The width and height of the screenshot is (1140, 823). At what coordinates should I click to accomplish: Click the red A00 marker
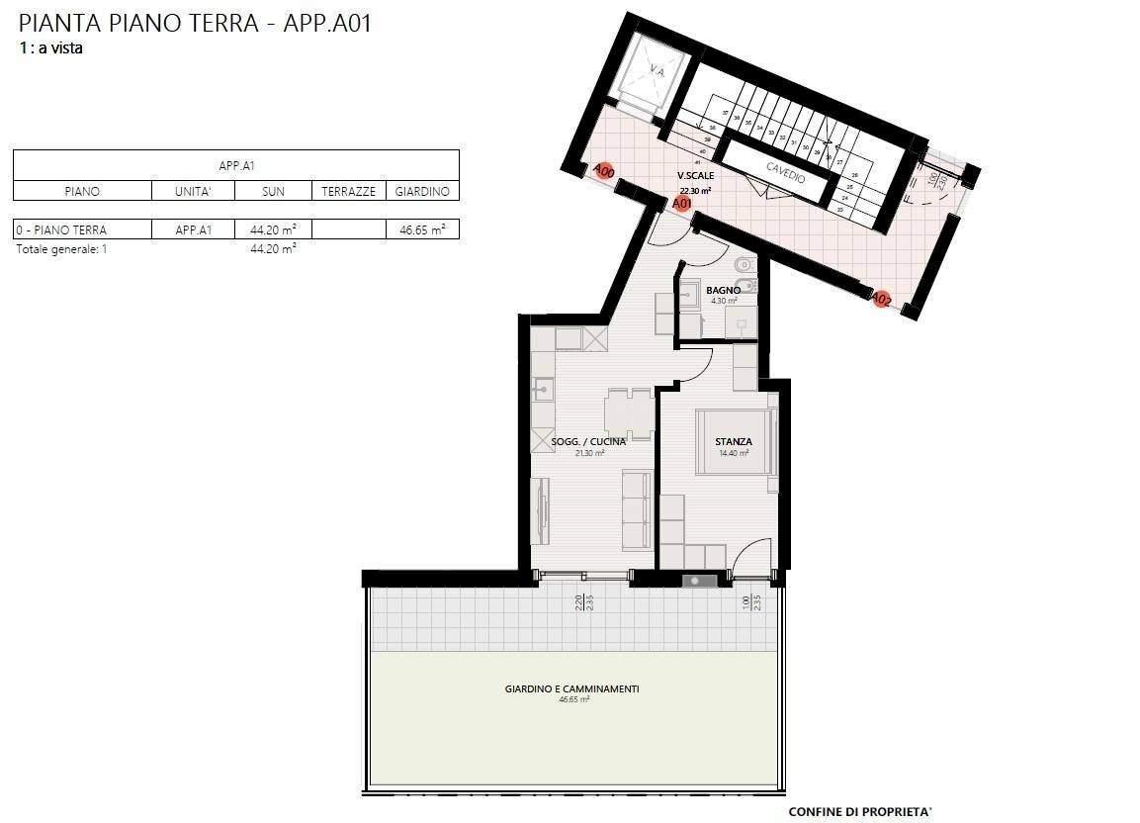click(x=603, y=171)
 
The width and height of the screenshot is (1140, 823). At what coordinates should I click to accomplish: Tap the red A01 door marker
click(x=681, y=203)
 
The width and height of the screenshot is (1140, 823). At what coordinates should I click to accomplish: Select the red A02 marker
click(x=881, y=297)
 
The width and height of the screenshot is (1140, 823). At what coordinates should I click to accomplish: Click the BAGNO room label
click(x=724, y=290)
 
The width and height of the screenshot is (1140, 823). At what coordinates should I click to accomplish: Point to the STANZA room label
click(x=734, y=442)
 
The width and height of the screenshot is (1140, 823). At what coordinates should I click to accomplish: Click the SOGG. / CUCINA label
click(x=588, y=442)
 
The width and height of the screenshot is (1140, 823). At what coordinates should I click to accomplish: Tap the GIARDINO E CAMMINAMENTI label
click(x=571, y=688)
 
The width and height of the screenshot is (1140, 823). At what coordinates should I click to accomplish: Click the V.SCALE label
click(x=696, y=175)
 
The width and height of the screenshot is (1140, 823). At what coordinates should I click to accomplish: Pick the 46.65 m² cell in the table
click(x=422, y=229)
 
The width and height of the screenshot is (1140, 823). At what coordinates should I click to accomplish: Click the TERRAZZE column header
click(x=348, y=192)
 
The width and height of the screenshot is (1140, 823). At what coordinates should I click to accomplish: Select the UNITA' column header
click(x=193, y=192)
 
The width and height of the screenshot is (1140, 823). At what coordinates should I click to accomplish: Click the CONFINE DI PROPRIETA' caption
click(x=859, y=812)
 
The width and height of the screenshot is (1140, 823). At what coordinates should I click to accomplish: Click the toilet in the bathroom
click(x=744, y=265)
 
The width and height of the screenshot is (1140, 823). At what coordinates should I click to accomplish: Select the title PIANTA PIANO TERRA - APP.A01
click(x=195, y=23)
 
